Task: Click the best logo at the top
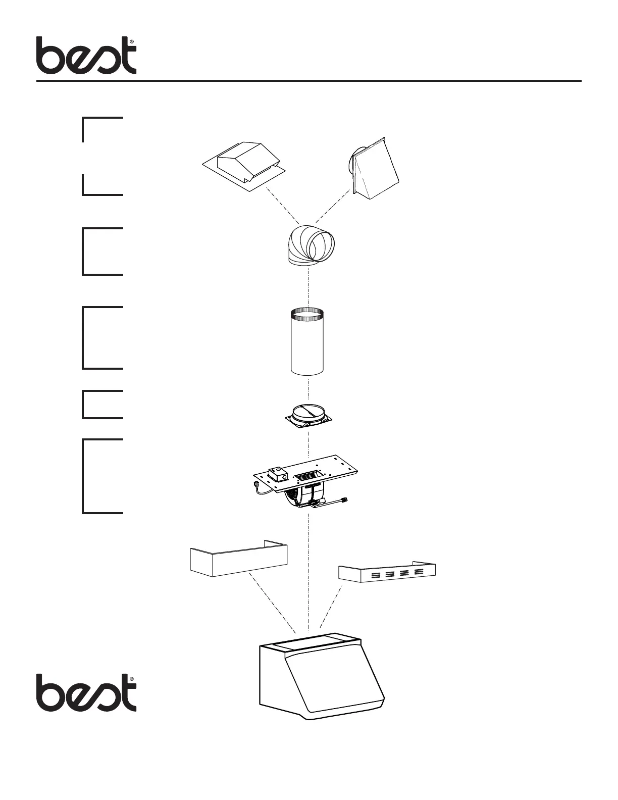[86, 56]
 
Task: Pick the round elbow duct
[310, 245]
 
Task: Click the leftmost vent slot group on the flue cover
[376, 575]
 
